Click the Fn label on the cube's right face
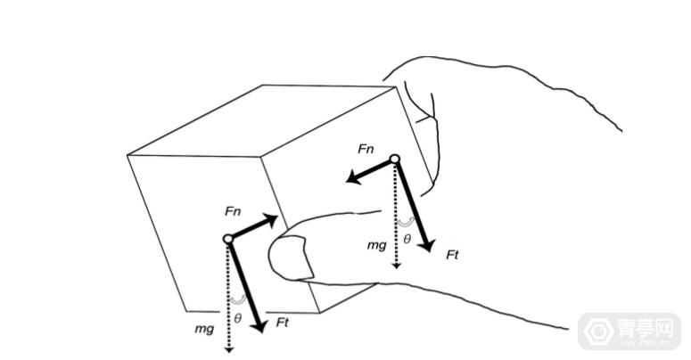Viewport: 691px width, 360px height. click(366, 149)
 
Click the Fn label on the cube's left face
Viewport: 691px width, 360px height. click(233, 211)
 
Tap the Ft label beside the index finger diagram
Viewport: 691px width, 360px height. click(453, 255)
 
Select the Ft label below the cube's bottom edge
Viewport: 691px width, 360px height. click(282, 323)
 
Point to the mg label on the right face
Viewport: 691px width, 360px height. click(377, 245)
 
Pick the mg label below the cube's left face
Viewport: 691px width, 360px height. click(204, 329)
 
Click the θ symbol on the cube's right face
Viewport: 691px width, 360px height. click(407, 240)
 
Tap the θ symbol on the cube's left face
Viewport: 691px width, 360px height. click(237, 318)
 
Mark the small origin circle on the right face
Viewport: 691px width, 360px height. click(395, 159)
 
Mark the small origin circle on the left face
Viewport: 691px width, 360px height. click(228, 239)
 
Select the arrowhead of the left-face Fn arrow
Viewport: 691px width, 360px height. click(270, 220)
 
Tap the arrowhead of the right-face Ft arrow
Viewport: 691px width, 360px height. click(427, 245)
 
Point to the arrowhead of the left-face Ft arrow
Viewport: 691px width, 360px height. click(259, 326)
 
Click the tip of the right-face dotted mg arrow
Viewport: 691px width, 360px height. click(397, 268)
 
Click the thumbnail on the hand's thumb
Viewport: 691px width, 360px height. click(291, 258)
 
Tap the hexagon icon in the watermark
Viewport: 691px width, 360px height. click(599, 331)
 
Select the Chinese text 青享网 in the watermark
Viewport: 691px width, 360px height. click(645, 329)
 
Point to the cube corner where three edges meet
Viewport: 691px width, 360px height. click(261, 157)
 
